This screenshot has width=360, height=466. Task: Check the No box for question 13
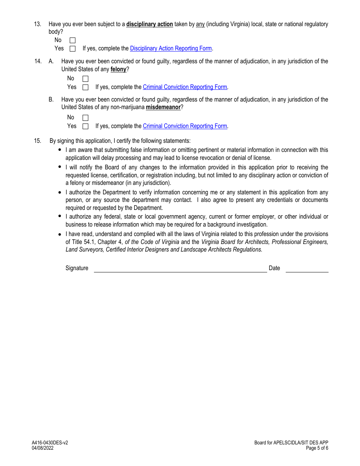click(72, 40)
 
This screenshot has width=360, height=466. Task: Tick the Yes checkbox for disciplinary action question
click(72, 48)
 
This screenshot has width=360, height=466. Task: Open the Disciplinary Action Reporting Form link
click(171, 48)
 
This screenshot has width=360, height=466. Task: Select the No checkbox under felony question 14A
click(85, 79)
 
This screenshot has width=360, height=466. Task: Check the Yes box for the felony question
click(85, 87)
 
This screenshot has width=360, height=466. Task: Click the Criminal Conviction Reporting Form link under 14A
click(185, 87)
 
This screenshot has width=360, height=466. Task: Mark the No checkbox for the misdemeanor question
click(85, 118)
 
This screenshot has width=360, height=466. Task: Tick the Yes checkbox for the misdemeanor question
click(85, 126)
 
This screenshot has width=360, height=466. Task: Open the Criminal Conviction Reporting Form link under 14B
click(185, 126)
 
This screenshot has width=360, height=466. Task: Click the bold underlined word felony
click(118, 69)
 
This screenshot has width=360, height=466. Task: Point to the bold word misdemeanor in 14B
click(163, 107)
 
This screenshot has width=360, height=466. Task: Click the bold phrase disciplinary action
click(149, 24)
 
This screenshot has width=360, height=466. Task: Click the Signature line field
click(180, 268)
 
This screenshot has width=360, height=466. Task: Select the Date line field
click(307, 268)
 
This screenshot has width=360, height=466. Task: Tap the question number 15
click(38, 141)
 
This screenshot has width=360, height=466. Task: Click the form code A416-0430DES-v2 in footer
click(50, 443)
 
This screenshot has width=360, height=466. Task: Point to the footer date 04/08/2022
click(42, 448)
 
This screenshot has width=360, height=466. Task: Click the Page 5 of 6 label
click(317, 448)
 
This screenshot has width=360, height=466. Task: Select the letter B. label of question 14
click(51, 100)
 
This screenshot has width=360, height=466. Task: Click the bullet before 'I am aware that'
click(59, 150)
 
